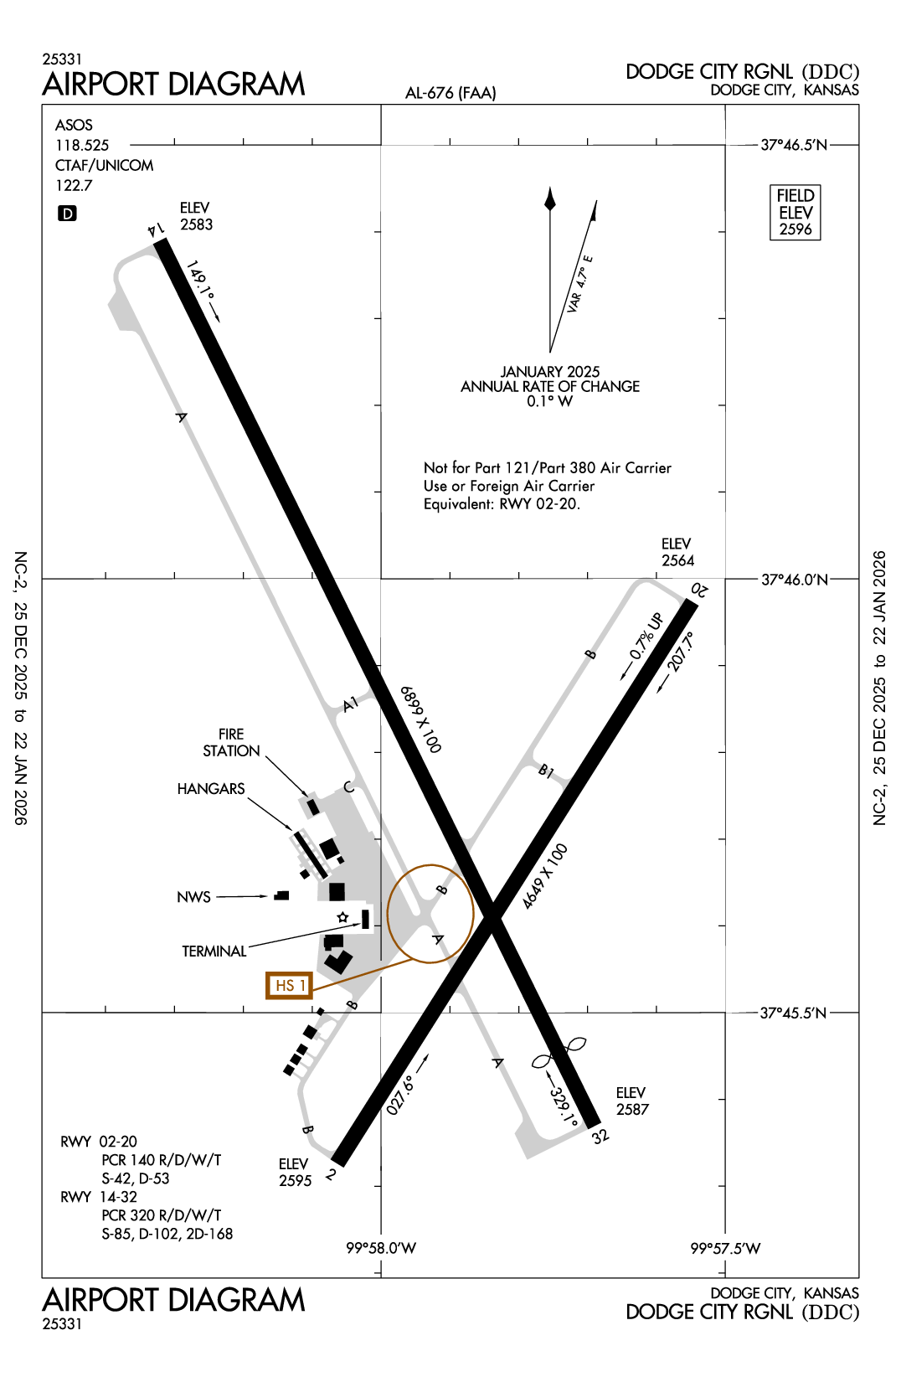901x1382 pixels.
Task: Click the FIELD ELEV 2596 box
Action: click(795, 213)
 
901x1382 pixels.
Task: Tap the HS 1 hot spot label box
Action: click(289, 986)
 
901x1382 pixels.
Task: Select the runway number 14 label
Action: click(155, 229)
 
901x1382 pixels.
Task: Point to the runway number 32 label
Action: click(600, 1137)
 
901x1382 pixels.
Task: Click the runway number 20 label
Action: click(699, 590)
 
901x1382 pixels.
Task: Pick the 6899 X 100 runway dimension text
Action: click(420, 719)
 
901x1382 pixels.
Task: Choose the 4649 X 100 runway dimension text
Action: click(545, 876)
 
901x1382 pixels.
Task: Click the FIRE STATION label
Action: click(231, 742)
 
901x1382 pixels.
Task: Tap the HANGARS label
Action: click(211, 789)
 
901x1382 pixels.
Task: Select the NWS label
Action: click(193, 897)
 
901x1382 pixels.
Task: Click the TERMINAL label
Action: click(214, 951)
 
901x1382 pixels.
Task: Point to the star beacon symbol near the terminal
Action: click(342, 918)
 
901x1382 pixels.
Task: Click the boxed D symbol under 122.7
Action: click(67, 214)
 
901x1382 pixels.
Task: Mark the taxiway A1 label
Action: click(351, 704)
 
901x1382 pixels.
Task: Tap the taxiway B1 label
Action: click(546, 771)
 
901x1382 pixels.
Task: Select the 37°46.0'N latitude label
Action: click(794, 580)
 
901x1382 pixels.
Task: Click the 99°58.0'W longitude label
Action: click(381, 1248)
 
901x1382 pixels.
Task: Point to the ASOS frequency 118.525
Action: click(82, 145)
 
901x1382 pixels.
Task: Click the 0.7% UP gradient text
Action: click(646, 636)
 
